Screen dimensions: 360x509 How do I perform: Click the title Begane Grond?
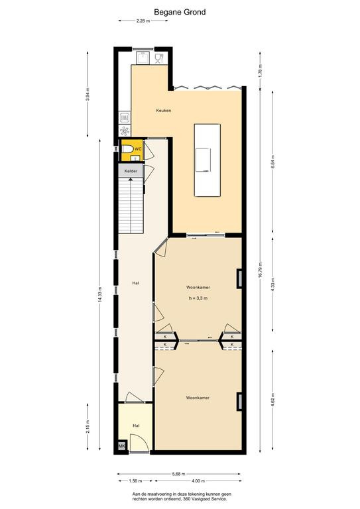180,13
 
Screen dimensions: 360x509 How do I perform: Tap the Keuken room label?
164,111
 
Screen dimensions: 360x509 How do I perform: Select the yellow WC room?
132,150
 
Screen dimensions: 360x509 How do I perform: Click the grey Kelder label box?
131,171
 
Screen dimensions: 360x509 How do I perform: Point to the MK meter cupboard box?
122,446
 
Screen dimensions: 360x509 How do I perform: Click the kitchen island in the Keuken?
208,160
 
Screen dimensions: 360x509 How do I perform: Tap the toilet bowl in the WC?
127,149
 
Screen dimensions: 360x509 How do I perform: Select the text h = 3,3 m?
198,298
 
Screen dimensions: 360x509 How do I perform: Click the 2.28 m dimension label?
143,21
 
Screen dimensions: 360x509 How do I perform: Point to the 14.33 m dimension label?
100,294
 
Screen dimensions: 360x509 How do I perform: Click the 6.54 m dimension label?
273,161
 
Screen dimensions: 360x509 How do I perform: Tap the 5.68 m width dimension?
179,474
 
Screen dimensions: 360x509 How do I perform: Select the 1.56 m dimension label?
135,481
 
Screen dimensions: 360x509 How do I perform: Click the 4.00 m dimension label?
198,481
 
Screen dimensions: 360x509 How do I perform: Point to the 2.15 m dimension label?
88,426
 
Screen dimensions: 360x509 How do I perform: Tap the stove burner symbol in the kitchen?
125,131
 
